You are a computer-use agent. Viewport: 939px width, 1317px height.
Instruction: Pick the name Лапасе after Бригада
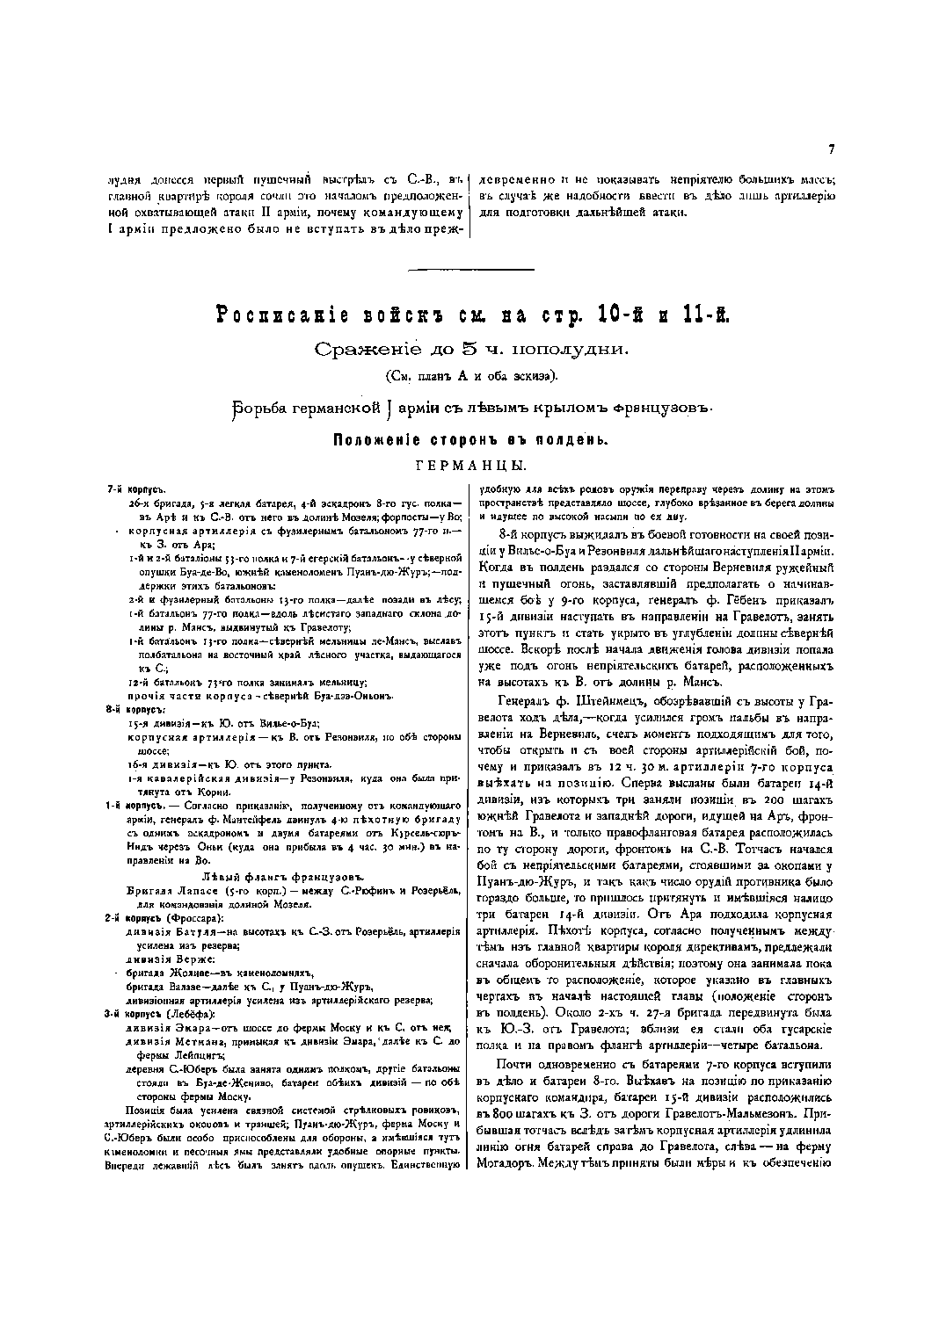point(190,892)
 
